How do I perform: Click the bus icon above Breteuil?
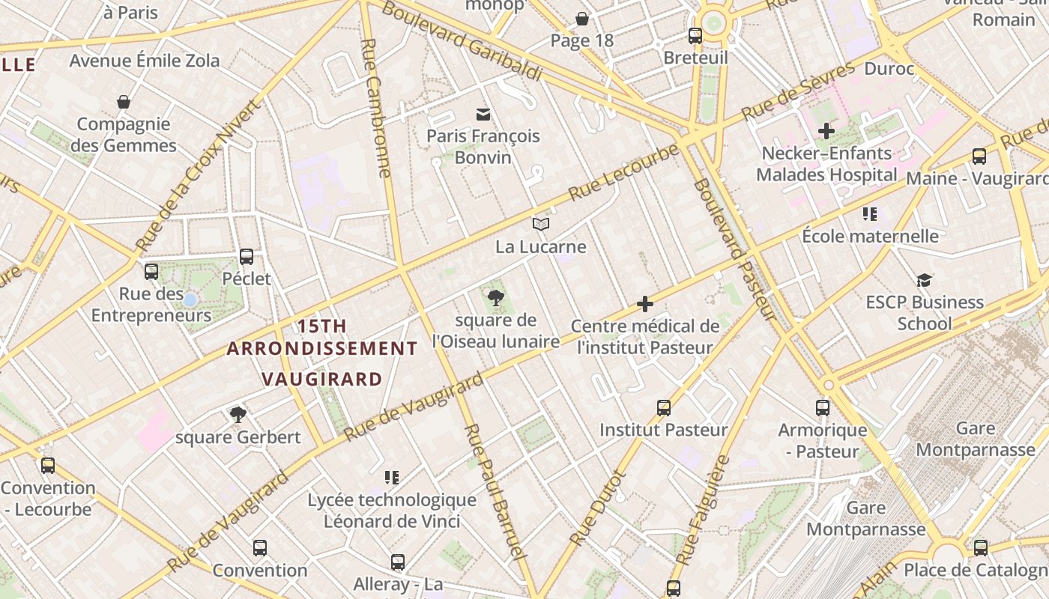click(x=695, y=35)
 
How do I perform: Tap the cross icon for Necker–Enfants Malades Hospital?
click(x=826, y=131)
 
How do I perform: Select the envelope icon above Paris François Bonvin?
click(x=483, y=114)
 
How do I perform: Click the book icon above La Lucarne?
click(x=541, y=224)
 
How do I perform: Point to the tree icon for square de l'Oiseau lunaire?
click(x=495, y=298)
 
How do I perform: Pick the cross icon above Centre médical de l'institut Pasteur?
click(x=645, y=304)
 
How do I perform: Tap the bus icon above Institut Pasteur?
click(x=664, y=407)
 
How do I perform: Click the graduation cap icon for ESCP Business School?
click(x=924, y=280)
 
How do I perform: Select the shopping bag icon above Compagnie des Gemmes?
click(x=124, y=102)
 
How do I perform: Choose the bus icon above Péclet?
click(x=247, y=257)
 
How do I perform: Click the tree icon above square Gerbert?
click(x=238, y=414)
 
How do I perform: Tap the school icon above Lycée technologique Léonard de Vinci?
click(x=391, y=477)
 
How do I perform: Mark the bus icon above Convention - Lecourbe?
click(x=48, y=466)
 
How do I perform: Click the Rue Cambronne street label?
click(x=376, y=108)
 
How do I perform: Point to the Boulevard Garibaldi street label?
click(x=462, y=41)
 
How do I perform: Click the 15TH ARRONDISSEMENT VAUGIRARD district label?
click(x=322, y=352)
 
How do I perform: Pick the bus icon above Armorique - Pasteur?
click(x=823, y=408)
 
